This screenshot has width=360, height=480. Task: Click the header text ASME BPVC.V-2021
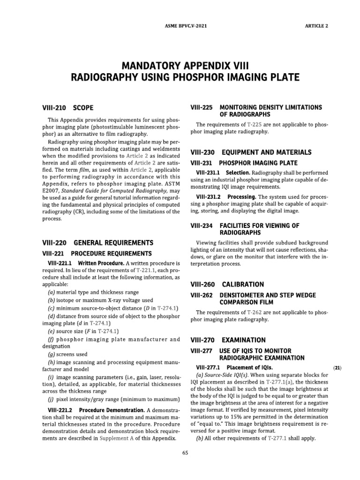click(x=180, y=26)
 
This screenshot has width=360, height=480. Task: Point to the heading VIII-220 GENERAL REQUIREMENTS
click(x=97, y=243)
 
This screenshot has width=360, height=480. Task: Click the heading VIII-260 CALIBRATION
click(x=227, y=285)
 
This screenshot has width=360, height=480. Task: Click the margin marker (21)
click(x=337, y=368)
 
